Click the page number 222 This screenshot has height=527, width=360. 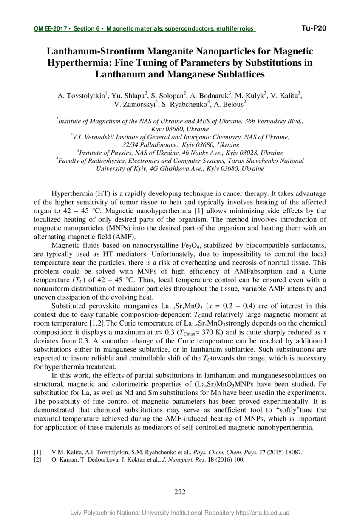tap(180, 492)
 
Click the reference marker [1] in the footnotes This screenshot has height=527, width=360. tap(38, 453)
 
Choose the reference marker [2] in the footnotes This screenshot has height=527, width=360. tap(38, 459)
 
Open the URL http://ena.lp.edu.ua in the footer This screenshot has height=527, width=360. tap(262, 513)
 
